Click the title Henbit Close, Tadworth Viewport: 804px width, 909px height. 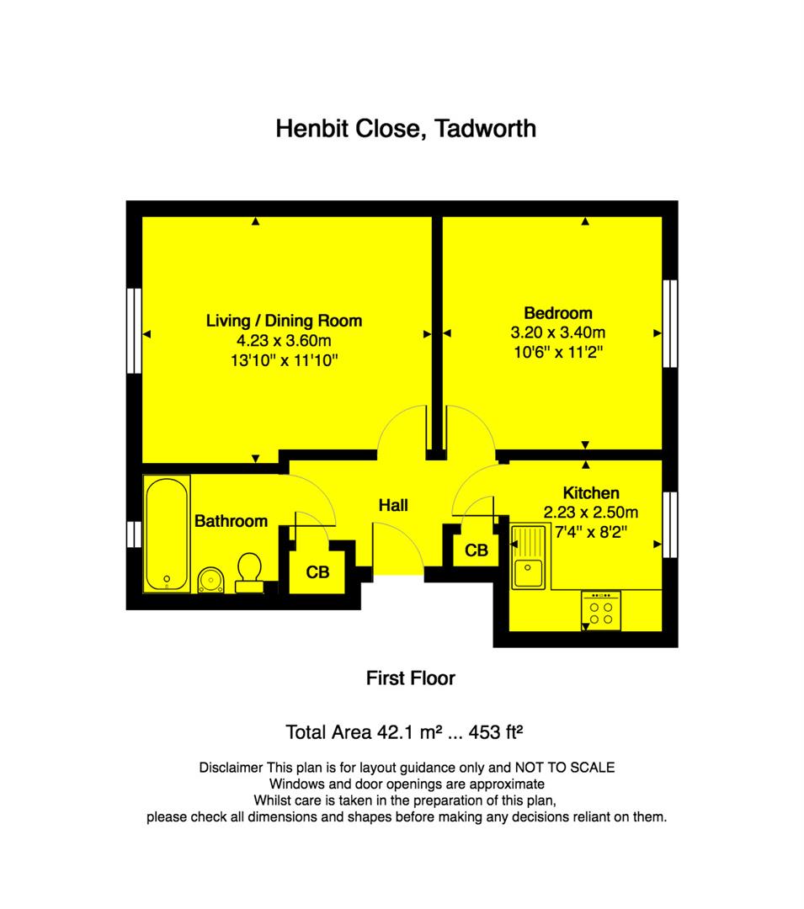pos(406,129)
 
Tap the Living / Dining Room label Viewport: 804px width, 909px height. pos(284,321)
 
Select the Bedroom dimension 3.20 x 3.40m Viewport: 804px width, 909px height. pos(557,332)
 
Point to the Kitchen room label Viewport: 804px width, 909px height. pos(591,492)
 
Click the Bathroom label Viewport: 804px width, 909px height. pos(231,521)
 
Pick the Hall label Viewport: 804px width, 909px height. pos(393,506)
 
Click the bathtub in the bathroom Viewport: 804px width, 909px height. pos(167,534)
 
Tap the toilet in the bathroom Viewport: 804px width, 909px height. pos(249,573)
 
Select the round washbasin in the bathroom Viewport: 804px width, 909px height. pos(211,580)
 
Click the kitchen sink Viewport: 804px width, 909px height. pos(528,556)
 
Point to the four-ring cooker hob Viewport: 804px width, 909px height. pos(601,611)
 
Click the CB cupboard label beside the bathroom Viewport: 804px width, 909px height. pos(317,573)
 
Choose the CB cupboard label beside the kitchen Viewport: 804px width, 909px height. pos(477,550)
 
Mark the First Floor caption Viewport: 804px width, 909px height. pos(410,678)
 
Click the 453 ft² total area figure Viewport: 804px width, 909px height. pos(496,732)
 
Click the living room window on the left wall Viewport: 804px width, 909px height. pos(134,331)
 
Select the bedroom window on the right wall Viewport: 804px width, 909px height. pos(670,323)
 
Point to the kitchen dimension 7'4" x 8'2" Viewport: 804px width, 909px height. pos(591,532)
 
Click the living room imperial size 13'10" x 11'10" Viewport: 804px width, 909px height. pos(284,360)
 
